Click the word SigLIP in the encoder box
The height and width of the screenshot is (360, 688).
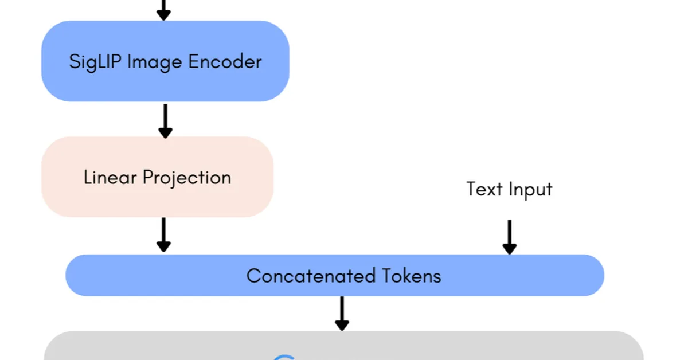pyautogui.click(x=95, y=61)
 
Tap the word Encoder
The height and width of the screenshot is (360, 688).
pyautogui.click(x=227, y=61)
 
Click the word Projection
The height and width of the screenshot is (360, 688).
pyautogui.click(x=187, y=178)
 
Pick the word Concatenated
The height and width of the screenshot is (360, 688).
pyautogui.click(x=303, y=276)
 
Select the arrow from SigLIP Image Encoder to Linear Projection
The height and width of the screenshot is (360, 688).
pyautogui.click(x=165, y=120)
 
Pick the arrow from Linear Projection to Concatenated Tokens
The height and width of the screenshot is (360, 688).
pyautogui.click(x=164, y=234)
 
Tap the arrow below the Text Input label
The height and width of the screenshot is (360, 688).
pyautogui.click(x=509, y=237)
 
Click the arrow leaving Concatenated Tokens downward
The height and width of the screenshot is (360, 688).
pyautogui.click(x=342, y=313)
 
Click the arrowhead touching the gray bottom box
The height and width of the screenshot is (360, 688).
pyautogui.click(x=342, y=325)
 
